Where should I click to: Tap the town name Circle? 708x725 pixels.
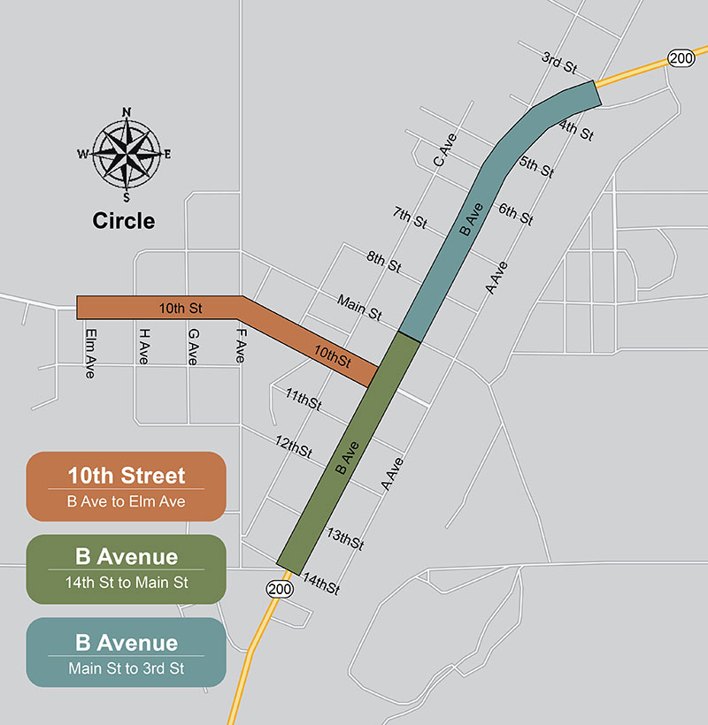124,221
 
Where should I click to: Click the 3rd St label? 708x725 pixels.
559,63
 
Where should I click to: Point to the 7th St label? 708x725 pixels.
410,217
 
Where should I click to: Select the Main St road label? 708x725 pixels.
358,308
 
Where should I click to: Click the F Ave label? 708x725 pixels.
239,346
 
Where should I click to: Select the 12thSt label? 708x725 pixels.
294,446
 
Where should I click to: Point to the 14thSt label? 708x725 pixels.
321,584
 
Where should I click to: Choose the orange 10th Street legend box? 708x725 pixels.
126,486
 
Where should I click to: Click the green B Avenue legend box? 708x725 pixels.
126,567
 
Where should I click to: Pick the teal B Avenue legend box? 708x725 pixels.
126,652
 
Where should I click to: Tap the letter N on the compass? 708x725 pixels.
127,112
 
